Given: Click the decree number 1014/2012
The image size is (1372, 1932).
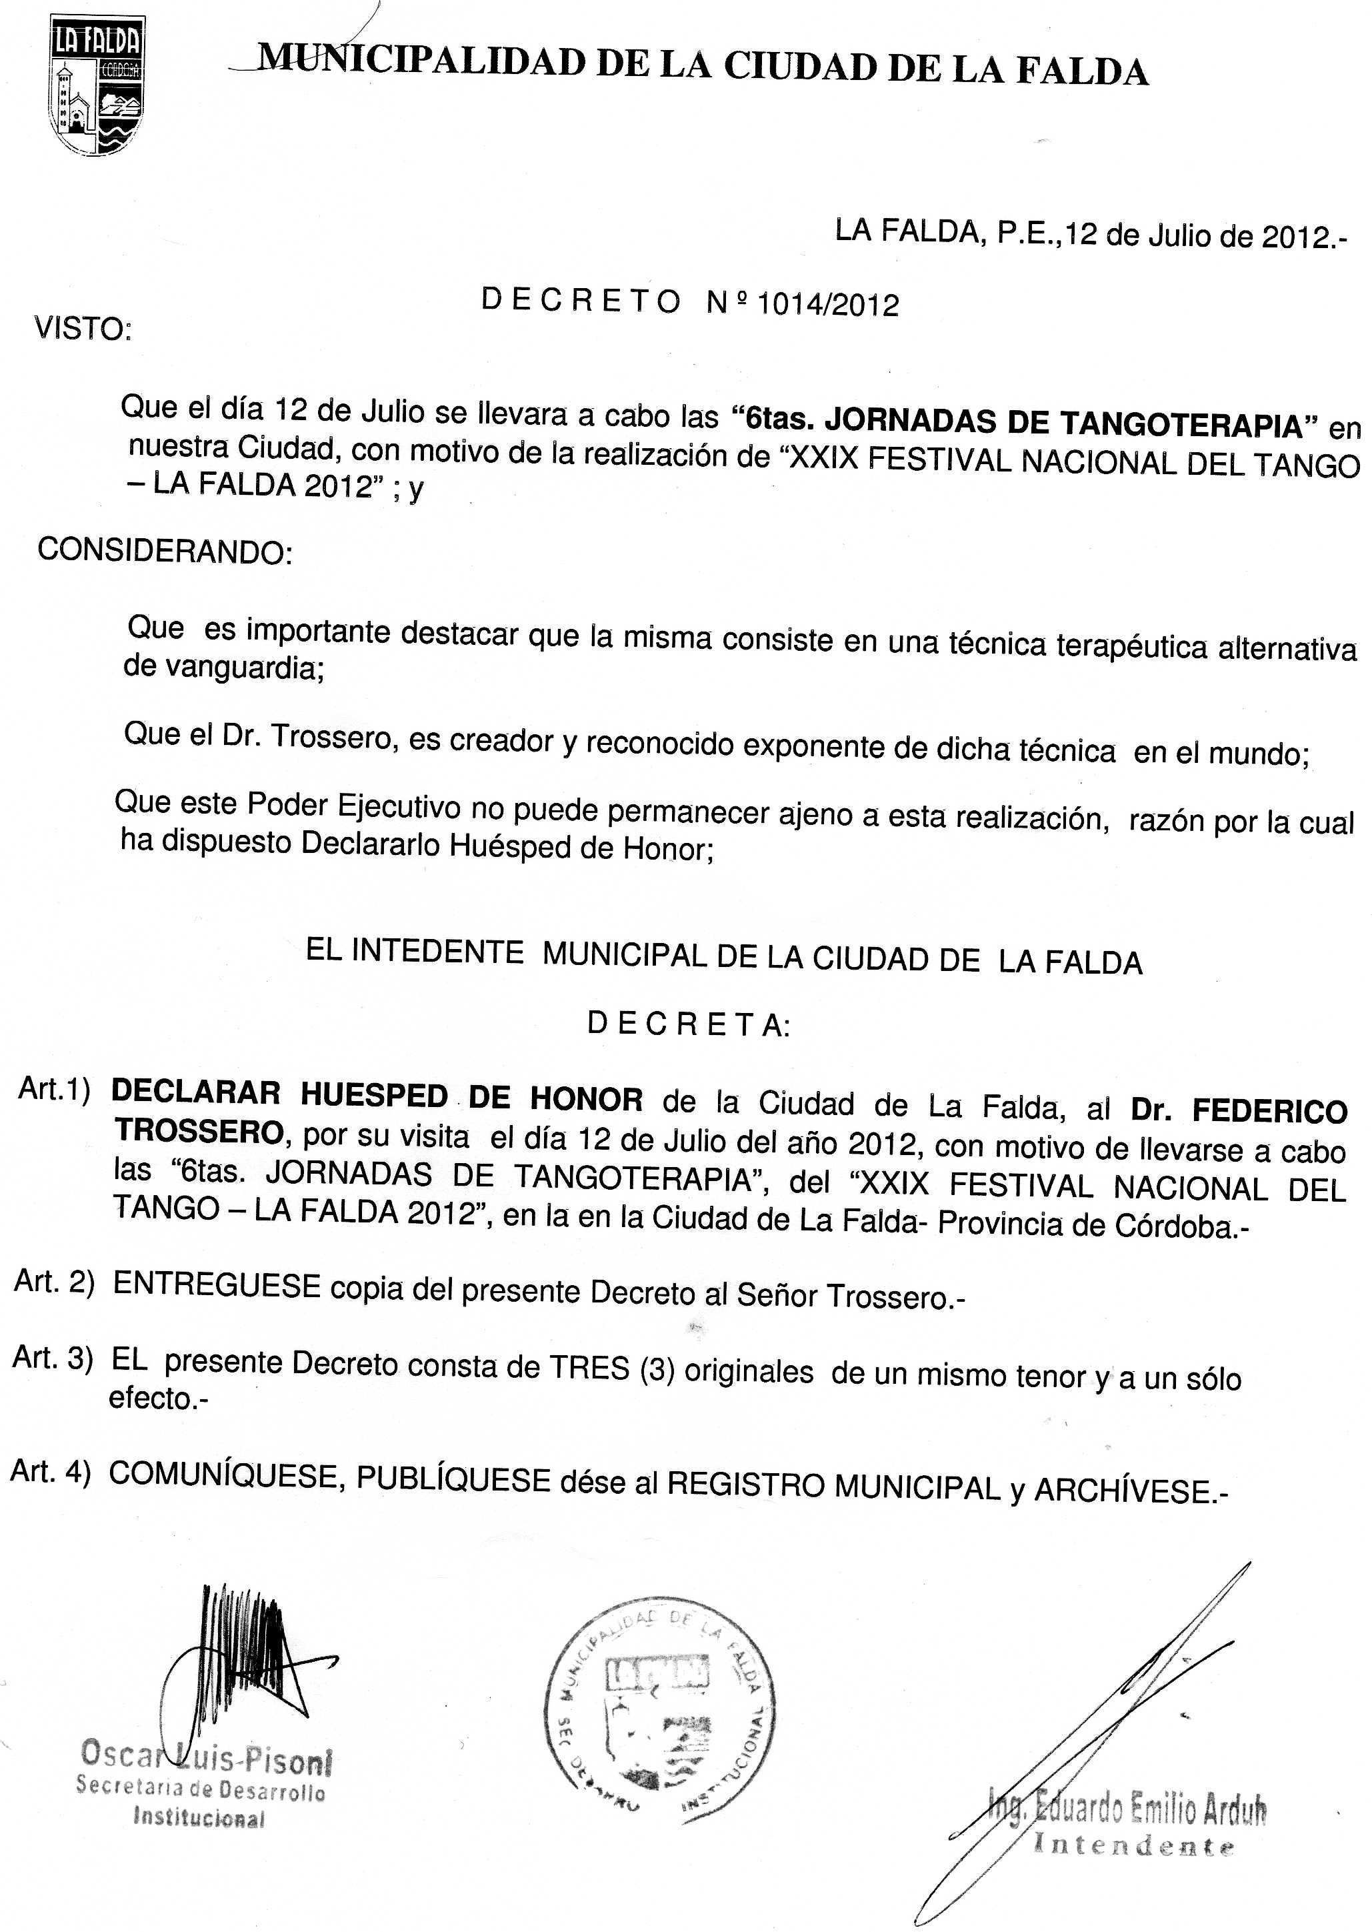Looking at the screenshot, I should (x=828, y=303).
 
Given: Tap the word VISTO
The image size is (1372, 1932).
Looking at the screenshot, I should (x=82, y=329).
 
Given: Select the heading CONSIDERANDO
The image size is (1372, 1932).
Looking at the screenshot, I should (x=165, y=551).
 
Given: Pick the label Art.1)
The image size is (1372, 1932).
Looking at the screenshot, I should (x=54, y=1090).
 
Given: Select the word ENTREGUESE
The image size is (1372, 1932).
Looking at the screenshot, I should (x=216, y=1286).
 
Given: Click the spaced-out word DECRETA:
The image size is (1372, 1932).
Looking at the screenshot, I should (x=689, y=1024).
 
